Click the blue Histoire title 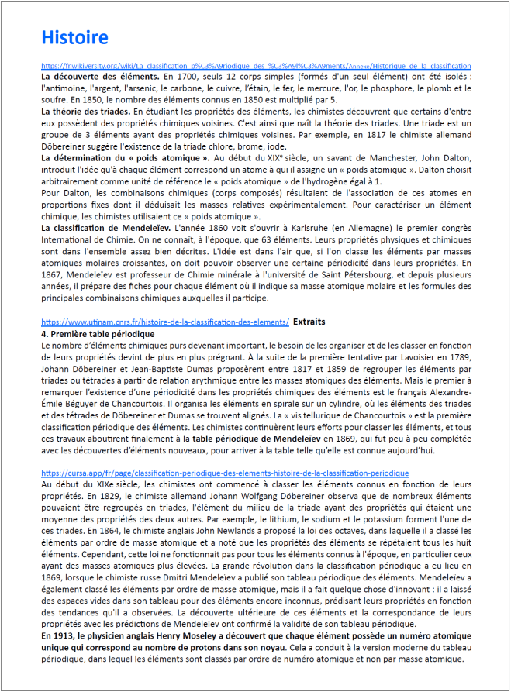pyautogui.click(x=74, y=37)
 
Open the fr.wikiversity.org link pyautogui.click(x=256, y=66)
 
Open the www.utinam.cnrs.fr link pyautogui.click(x=165, y=322)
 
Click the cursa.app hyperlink pyautogui.click(x=225, y=472)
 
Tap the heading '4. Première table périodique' pyautogui.click(x=98, y=333)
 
